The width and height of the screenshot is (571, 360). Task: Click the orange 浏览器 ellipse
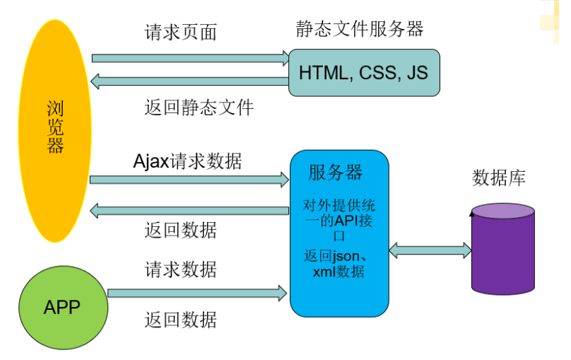pos(55,131)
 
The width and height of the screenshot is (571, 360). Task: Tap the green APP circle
pos(62,307)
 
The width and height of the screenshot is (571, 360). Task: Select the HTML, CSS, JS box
pos(363,72)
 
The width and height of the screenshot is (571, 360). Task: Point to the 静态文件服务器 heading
pos(360,29)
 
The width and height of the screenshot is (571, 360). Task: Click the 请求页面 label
pos(181,33)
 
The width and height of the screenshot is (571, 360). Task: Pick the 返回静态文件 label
pos(199,108)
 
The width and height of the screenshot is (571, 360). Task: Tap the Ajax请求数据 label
pos(187,161)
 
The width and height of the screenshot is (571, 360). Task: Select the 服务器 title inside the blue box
pos(335,172)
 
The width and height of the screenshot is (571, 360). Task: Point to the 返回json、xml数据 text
pos(339,263)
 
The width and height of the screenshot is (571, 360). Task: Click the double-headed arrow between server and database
pos(430,249)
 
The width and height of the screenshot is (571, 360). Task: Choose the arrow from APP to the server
pos(198,292)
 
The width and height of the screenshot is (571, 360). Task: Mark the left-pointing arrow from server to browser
pos(189,210)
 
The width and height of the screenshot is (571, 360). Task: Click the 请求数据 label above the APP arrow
pos(181,269)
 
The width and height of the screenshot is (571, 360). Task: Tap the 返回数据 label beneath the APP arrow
pos(181,320)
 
